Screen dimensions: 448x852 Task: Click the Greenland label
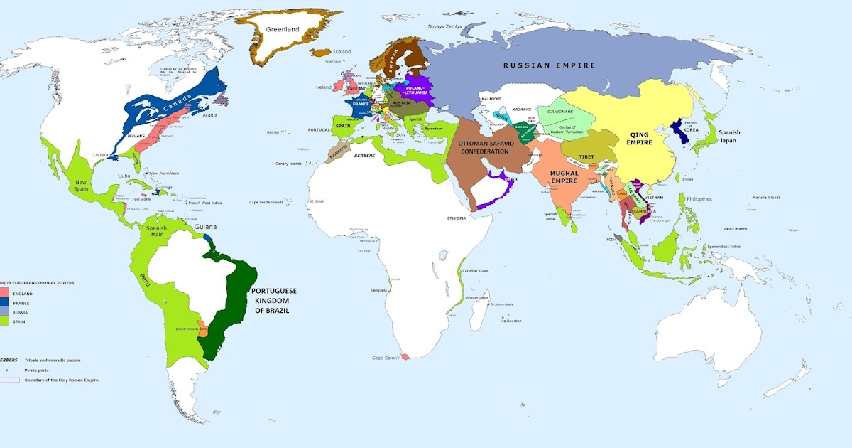coord(283,30)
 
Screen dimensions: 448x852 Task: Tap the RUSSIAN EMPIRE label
coord(549,65)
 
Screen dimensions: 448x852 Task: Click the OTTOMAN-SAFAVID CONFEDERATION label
coord(480,148)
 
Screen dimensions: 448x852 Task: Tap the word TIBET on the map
coord(586,156)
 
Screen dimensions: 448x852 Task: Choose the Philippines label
coord(700,199)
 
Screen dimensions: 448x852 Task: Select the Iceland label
coord(342,51)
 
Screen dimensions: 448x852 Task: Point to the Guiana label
coord(206,227)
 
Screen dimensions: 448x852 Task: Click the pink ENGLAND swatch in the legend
coord(5,293)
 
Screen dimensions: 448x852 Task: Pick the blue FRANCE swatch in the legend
coord(5,303)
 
